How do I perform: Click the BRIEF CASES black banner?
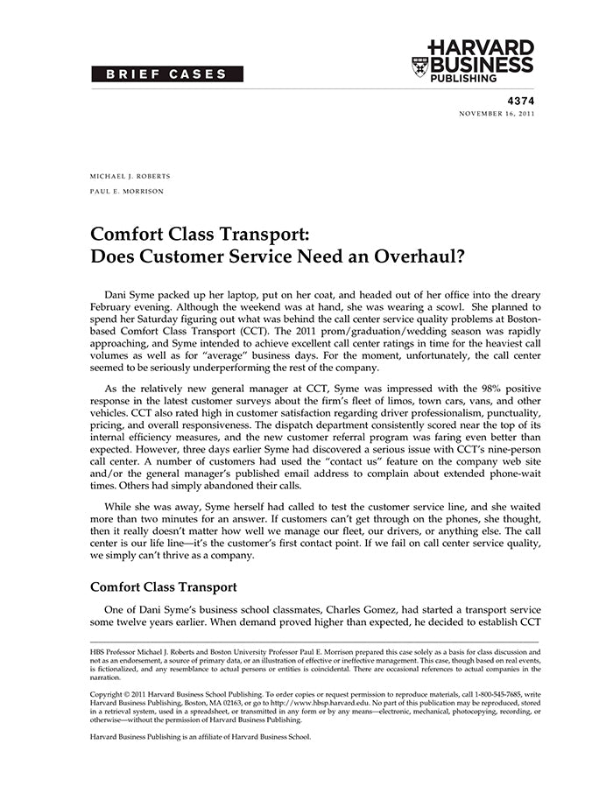[x=167, y=74]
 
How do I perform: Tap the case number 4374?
[x=520, y=102]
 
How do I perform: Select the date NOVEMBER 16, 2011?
[x=497, y=114]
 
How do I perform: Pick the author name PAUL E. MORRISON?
[x=127, y=191]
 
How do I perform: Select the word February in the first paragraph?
[x=112, y=308]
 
